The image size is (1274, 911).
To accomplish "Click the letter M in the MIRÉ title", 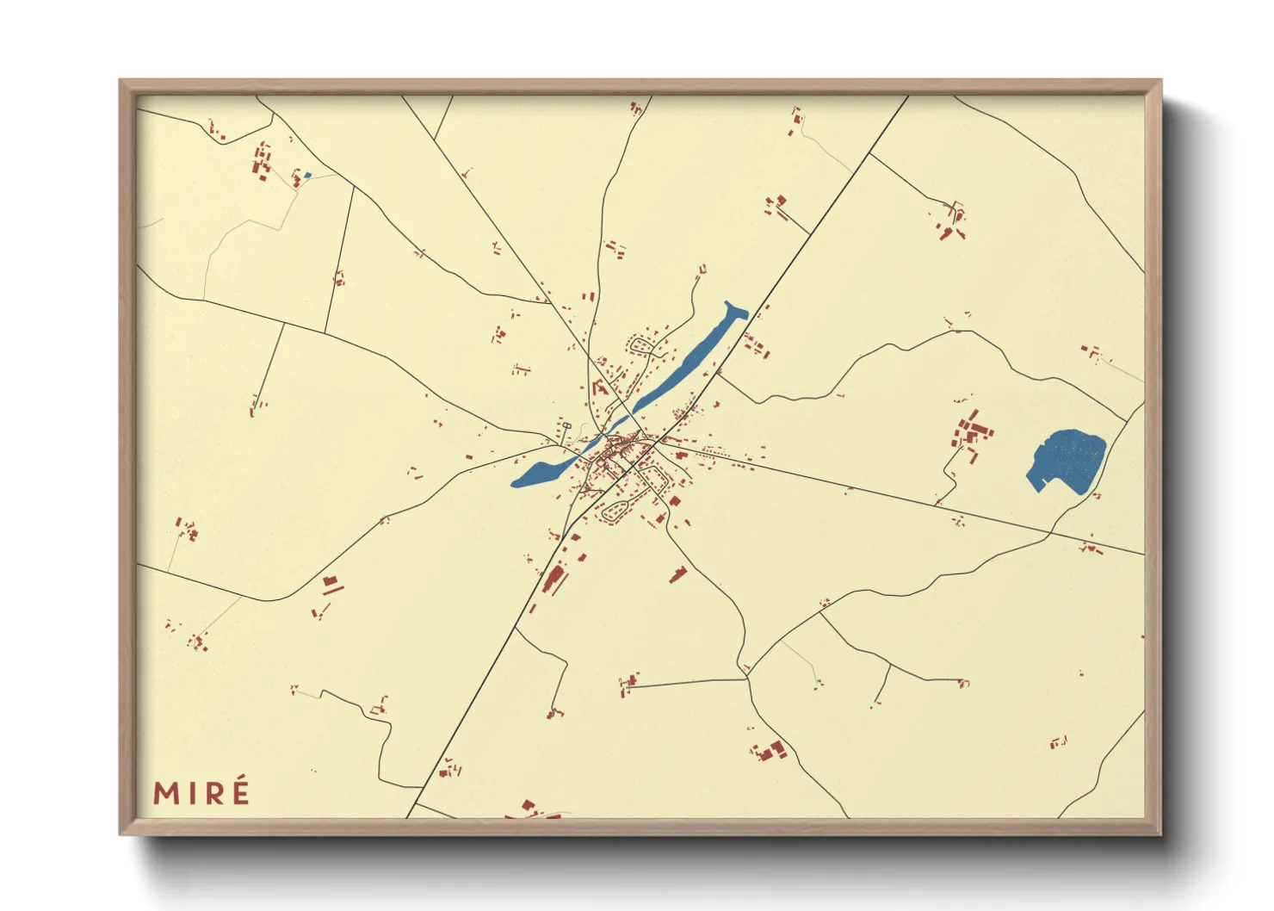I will pos(168,793).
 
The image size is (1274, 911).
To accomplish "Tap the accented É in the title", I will pos(239,791).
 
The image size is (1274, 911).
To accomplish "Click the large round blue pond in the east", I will pos(1068,460).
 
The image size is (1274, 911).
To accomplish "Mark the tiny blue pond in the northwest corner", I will pos(307,175).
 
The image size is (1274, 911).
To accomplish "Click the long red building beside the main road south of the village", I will pos(554,579).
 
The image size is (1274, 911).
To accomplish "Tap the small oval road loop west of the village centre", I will pos(566,425).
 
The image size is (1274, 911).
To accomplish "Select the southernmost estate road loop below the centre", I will pos(618,511).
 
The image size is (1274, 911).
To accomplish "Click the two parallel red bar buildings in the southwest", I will pos(331,586).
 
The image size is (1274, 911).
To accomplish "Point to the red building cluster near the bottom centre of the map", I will pos(768,751).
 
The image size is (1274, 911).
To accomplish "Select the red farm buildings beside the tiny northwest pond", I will pos(263,161).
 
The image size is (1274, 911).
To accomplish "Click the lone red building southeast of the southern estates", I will pos(678,574).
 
